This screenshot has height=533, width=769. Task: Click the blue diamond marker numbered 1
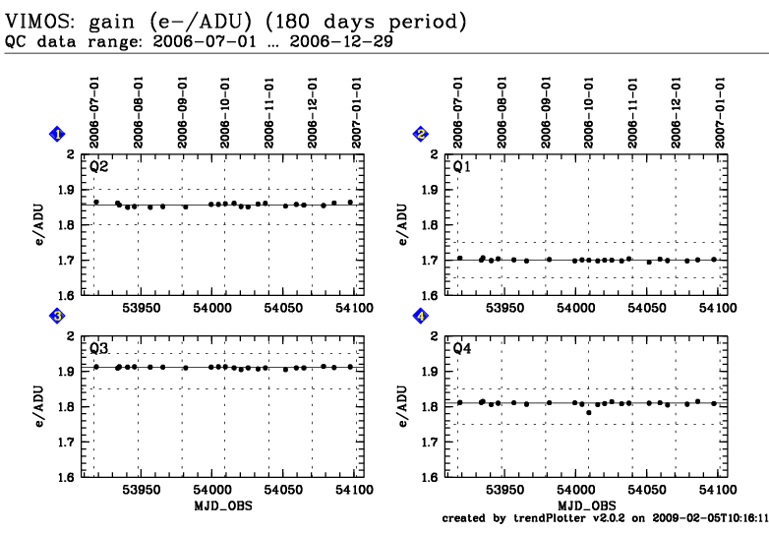58,134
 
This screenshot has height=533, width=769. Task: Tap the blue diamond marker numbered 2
421,134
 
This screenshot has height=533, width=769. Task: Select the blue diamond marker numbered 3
58,316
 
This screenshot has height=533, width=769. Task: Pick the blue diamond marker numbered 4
421,316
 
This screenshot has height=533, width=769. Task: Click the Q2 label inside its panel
98,166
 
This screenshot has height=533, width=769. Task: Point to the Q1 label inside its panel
462,166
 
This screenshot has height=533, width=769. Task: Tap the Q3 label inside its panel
98,348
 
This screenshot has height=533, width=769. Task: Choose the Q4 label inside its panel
462,348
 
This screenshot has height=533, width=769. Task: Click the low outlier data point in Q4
588,412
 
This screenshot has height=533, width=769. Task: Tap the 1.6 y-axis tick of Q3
69,477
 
